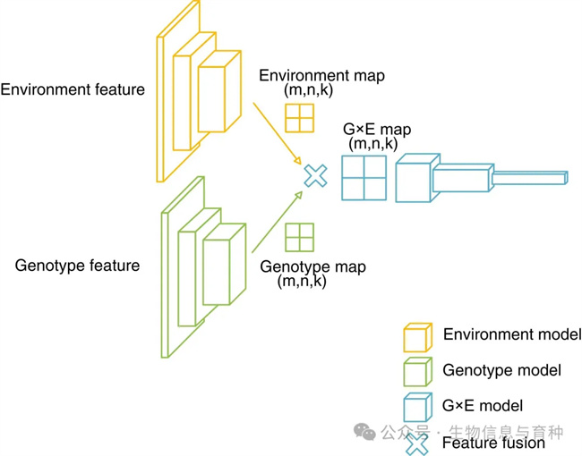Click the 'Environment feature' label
click(x=73, y=89)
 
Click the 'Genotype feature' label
click(x=78, y=266)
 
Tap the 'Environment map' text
click(x=321, y=76)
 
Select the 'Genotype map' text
click(x=312, y=266)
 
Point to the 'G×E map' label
click(x=377, y=129)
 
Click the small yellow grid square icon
click(x=300, y=118)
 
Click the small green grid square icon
click(x=299, y=238)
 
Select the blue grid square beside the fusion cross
click(x=364, y=177)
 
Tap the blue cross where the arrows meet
click(x=315, y=176)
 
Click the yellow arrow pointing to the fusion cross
click(x=276, y=134)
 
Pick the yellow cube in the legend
click(x=416, y=337)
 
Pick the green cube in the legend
click(x=416, y=371)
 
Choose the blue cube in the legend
click(x=416, y=407)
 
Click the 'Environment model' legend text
click(x=511, y=334)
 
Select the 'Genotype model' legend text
click(x=501, y=370)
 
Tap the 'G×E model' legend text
click(x=483, y=406)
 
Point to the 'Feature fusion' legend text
click(x=493, y=443)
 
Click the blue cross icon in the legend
click(x=416, y=443)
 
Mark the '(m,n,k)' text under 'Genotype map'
click(x=302, y=281)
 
